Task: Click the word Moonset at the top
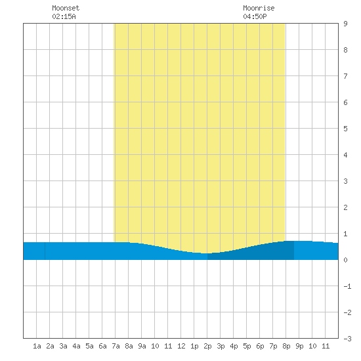click(66, 8)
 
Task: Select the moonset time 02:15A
click(64, 16)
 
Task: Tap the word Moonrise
click(259, 8)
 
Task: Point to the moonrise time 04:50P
click(255, 16)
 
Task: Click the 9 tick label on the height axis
click(345, 24)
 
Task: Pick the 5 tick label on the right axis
click(345, 129)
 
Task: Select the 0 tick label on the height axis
click(345, 260)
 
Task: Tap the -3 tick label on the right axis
click(347, 339)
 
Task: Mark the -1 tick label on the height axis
click(347, 286)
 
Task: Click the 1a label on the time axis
click(37, 346)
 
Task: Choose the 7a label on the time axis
click(116, 346)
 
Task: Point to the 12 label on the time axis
click(181, 346)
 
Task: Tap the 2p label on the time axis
click(207, 346)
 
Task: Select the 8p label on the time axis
click(286, 346)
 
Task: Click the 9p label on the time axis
click(299, 346)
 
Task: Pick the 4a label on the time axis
click(76, 346)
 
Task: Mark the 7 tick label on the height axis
click(345, 76)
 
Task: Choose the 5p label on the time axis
click(247, 346)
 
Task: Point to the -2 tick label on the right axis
click(347, 312)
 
